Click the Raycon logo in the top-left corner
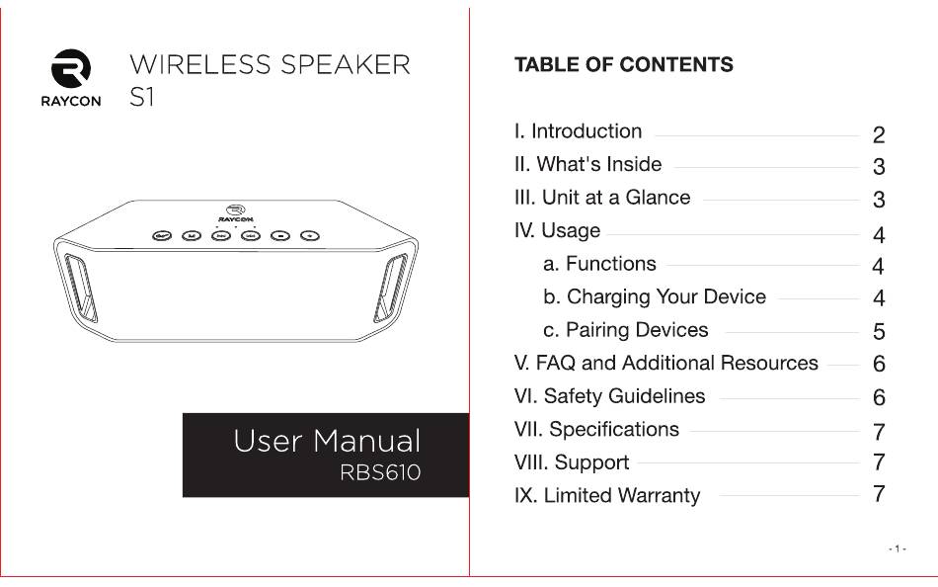pyautogui.click(x=70, y=78)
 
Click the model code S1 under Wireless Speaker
pyautogui.click(x=142, y=97)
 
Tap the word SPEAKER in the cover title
pyautogui.click(x=346, y=64)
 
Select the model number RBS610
pyautogui.click(x=380, y=472)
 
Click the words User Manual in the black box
pyautogui.click(x=327, y=441)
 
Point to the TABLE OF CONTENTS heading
pyautogui.click(x=624, y=64)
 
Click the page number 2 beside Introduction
pyautogui.click(x=879, y=135)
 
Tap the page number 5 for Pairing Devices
pyautogui.click(x=879, y=332)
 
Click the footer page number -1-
pyautogui.click(x=898, y=548)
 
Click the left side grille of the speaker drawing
pyautogui.click(x=80, y=289)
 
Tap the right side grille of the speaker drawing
pyautogui.click(x=391, y=288)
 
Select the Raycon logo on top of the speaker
pyautogui.click(x=236, y=212)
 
